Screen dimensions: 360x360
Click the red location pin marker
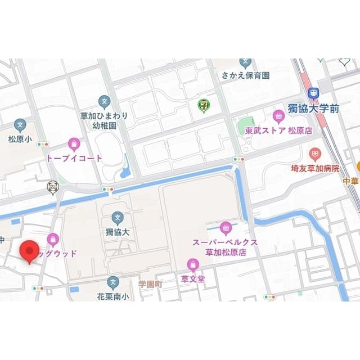click(29, 251)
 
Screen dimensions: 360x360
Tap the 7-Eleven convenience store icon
click(202, 105)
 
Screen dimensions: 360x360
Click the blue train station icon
click(313, 92)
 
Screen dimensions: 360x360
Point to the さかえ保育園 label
click(245, 75)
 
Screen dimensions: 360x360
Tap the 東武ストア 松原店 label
click(278, 130)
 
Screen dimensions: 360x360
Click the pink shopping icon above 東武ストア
click(278, 116)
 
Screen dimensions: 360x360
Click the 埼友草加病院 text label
click(315, 168)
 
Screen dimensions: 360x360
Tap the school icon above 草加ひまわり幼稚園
click(104, 101)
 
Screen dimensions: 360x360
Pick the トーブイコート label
click(74, 158)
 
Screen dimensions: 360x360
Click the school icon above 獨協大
click(118, 217)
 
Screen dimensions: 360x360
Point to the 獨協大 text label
click(118, 231)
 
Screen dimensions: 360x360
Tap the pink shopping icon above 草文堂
click(193, 264)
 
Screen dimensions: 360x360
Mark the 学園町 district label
click(150, 285)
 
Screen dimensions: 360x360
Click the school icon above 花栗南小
click(114, 281)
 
